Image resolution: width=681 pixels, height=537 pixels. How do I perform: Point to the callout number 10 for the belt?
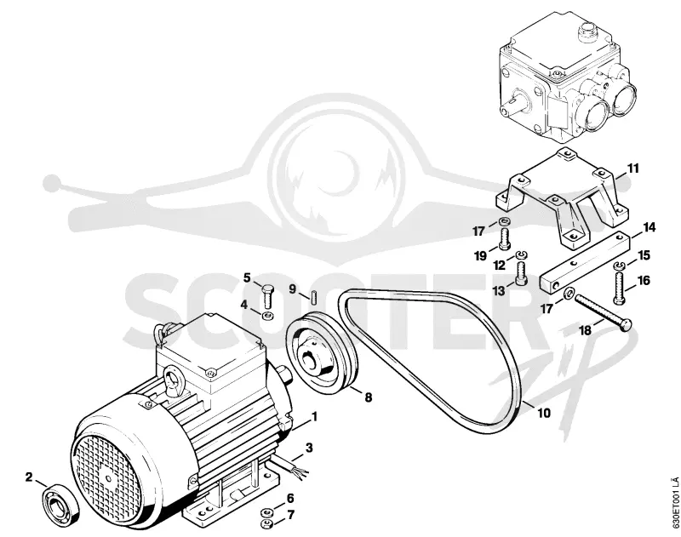point(544,413)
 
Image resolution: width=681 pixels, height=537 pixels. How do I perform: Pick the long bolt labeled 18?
point(604,312)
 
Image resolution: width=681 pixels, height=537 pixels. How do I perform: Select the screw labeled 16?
point(621,288)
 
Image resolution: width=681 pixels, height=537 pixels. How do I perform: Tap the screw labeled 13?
point(521,274)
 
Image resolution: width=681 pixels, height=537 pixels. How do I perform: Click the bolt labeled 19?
point(504,240)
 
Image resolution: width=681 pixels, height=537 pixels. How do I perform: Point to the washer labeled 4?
point(268,315)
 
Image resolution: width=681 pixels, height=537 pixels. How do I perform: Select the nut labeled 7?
point(266,524)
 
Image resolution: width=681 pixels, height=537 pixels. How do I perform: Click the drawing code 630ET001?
point(675,505)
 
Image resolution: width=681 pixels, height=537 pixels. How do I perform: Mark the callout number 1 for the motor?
point(314,417)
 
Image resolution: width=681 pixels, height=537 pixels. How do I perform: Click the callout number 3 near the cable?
point(309,447)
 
